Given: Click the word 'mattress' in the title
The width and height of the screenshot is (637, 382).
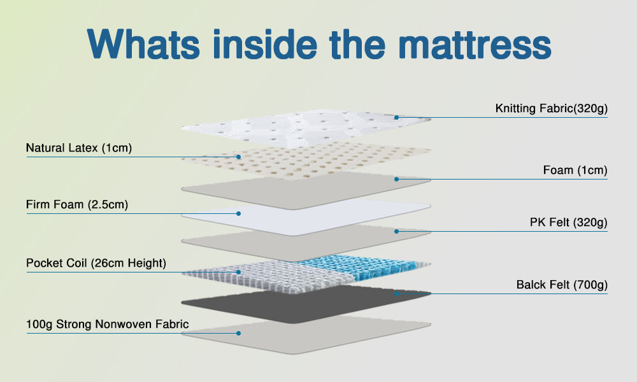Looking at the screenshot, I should point(476,44).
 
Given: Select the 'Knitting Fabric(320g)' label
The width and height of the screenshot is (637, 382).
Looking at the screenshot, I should point(551,109).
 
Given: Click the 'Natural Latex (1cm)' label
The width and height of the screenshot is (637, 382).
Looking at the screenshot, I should point(79,148).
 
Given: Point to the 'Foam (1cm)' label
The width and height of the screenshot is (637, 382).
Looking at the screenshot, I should point(575,171).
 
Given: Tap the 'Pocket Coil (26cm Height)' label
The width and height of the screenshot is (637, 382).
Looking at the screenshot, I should point(96,263).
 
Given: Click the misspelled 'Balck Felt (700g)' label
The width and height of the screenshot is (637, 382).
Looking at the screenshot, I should point(562,285).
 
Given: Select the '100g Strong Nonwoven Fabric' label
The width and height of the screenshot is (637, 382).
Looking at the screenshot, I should point(108,324).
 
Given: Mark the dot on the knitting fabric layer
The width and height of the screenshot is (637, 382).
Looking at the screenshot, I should point(396,117).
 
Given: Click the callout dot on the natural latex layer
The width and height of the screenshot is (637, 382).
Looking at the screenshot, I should point(239,156).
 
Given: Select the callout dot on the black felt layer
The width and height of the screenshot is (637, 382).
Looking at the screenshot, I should point(396,294).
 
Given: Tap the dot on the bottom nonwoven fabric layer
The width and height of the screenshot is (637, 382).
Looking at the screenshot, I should point(239,332).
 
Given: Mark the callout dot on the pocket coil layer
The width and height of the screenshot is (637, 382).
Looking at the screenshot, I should point(239,272).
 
